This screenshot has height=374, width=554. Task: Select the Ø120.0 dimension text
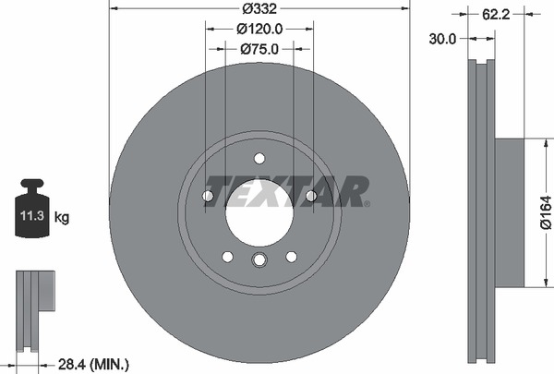(x=259, y=30)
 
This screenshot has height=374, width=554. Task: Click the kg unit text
(x=62, y=218)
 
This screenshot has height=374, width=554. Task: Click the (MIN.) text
(x=107, y=364)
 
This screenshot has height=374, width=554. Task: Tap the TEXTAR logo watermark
(x=285, y=192)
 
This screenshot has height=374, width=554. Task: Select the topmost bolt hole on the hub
(x=259, y=157)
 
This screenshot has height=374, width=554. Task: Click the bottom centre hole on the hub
(x=259, y=259)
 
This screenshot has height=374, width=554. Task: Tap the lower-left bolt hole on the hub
(x=226, y=256)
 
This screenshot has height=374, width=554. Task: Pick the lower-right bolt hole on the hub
(x=291, y=256)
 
